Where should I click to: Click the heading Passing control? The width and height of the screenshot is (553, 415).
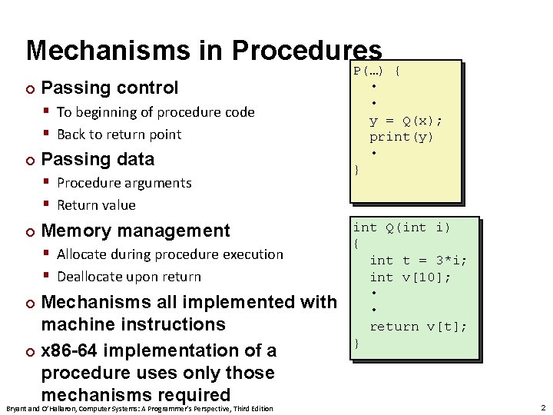click(109, 88)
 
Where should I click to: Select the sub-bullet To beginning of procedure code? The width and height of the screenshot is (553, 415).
click(155, 112)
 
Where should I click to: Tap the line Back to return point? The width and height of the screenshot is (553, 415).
click(119, 134)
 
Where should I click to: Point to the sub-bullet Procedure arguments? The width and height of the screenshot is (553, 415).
click(124, 183)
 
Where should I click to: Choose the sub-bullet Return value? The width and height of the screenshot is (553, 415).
click(96, 205)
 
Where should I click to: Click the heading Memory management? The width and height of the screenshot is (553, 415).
click(135, 231)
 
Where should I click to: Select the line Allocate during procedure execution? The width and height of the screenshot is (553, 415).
click(170, 254)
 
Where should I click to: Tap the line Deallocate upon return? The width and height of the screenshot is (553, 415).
click(128, 277)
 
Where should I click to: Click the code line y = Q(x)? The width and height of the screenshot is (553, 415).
click(406, 121)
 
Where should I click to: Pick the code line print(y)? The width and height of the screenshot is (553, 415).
click(401, 137)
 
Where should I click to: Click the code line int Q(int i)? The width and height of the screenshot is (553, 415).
click(401, 227)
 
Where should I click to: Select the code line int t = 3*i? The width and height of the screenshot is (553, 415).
click(418, 261)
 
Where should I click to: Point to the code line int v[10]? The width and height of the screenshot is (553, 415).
click(409, 277)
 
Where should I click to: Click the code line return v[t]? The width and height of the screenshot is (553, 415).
click(418, 327)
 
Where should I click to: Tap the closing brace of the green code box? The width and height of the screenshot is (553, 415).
click(356, 344)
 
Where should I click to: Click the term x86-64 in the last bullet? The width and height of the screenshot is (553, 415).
click(71, 350)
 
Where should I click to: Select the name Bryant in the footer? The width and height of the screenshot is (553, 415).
click(17, 408)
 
